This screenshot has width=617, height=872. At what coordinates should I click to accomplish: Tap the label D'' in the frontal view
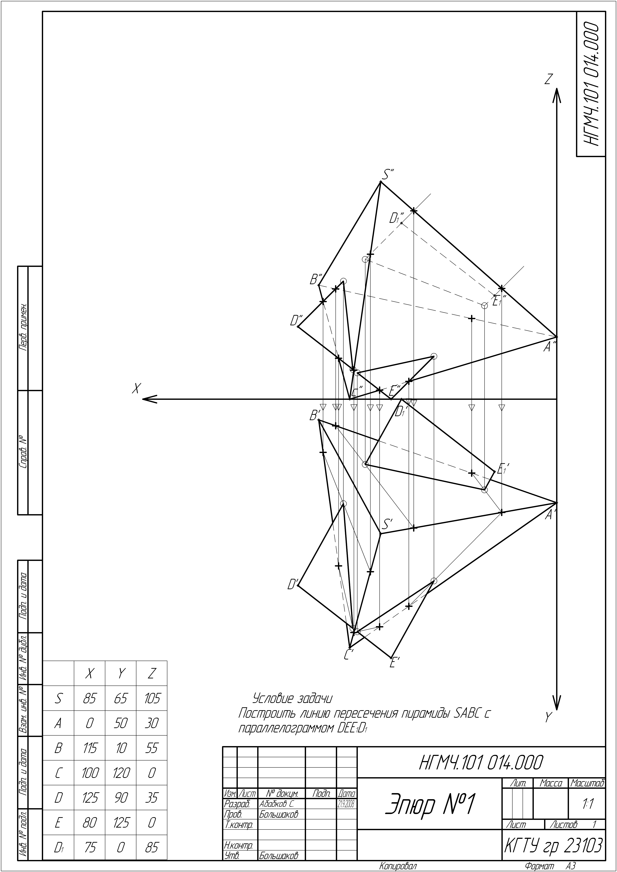(x=296, y=320)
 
